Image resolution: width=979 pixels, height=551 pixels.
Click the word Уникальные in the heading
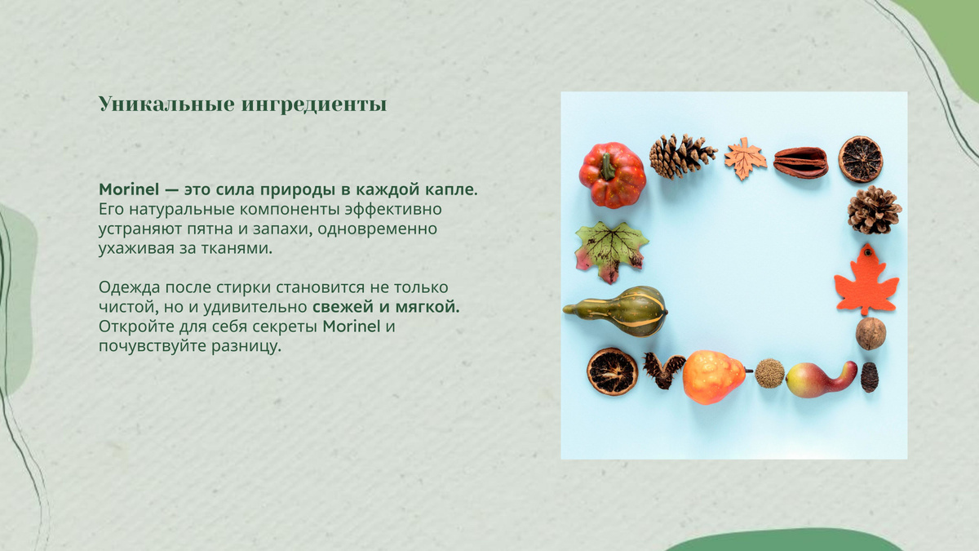tap(166, 104)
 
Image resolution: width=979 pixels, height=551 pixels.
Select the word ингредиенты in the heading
tap(314, 105)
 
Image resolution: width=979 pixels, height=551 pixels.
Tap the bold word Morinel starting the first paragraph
tap(129, 189)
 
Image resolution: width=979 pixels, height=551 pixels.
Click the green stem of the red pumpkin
tap(607, 167)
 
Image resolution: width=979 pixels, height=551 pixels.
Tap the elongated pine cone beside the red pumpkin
tap(682, 156)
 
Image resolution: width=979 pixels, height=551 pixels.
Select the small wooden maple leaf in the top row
tap(745, 158)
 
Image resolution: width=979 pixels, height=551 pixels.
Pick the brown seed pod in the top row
tap(800, 162)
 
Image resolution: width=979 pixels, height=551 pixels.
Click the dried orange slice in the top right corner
tap(860, 159)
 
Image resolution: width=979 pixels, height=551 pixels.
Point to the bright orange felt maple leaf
tap(866, 282)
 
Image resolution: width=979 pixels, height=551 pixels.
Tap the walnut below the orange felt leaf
tap(870, 334)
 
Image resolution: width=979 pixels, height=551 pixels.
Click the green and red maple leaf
tap(610, 251)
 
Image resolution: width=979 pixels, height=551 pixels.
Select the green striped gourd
tap(617, 311)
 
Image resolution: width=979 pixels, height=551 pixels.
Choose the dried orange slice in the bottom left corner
tap(613, 372)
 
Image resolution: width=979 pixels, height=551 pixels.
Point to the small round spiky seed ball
tap(769, 374)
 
